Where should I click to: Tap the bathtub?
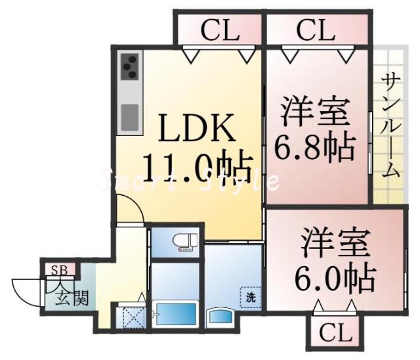[175, 315]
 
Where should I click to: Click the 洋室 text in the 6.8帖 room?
[316, 112]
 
